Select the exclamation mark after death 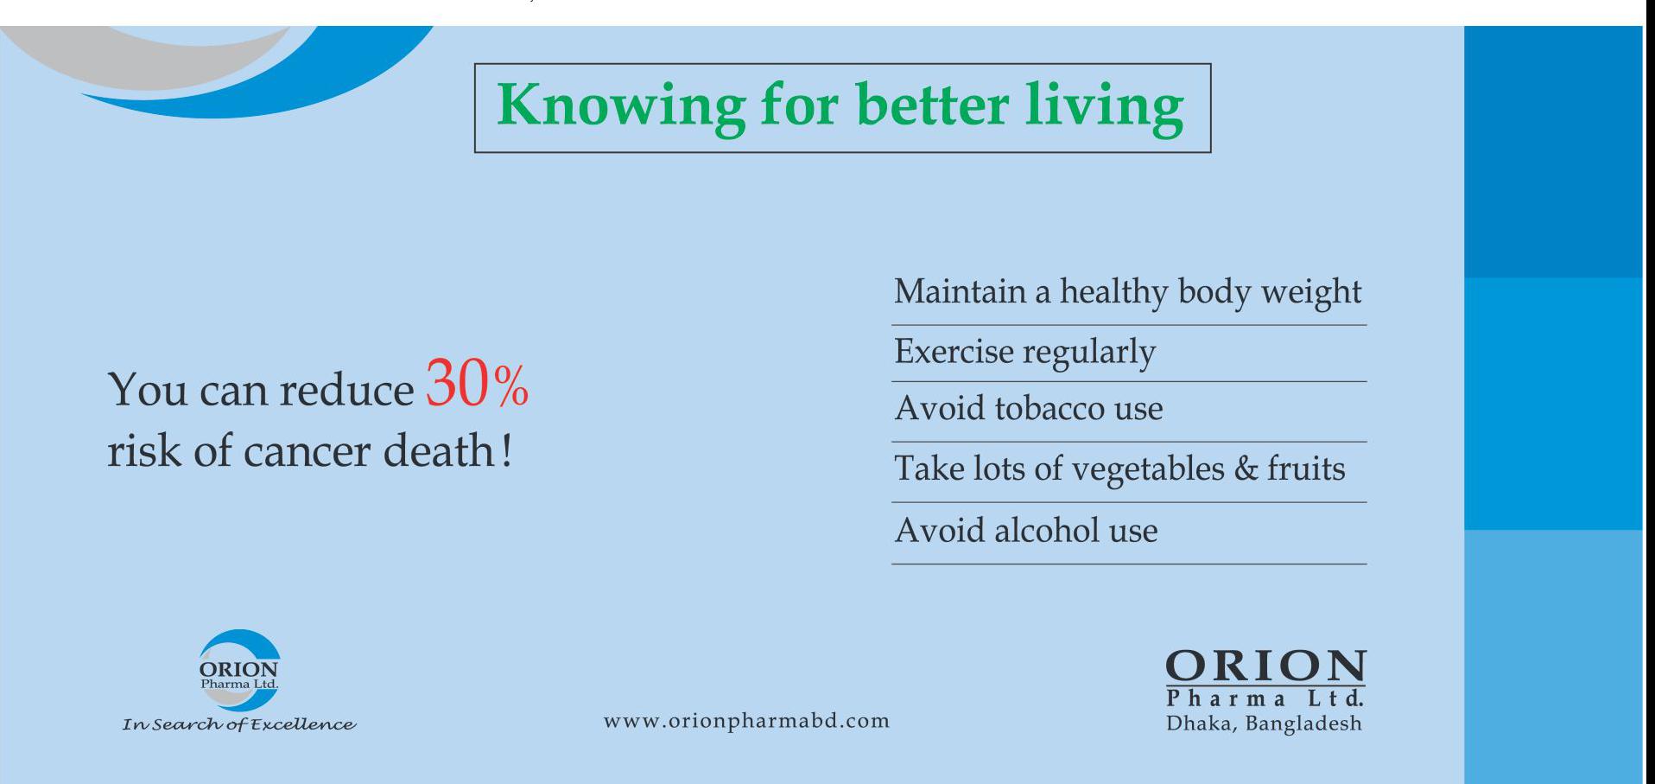506,449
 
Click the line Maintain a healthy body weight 1127,292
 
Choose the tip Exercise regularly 1024,353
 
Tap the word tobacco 1049,408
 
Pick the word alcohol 1046,530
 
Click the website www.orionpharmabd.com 746,721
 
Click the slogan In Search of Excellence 239,724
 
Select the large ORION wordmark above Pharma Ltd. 1265,667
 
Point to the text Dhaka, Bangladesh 1264,723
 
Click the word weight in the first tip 1311,293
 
